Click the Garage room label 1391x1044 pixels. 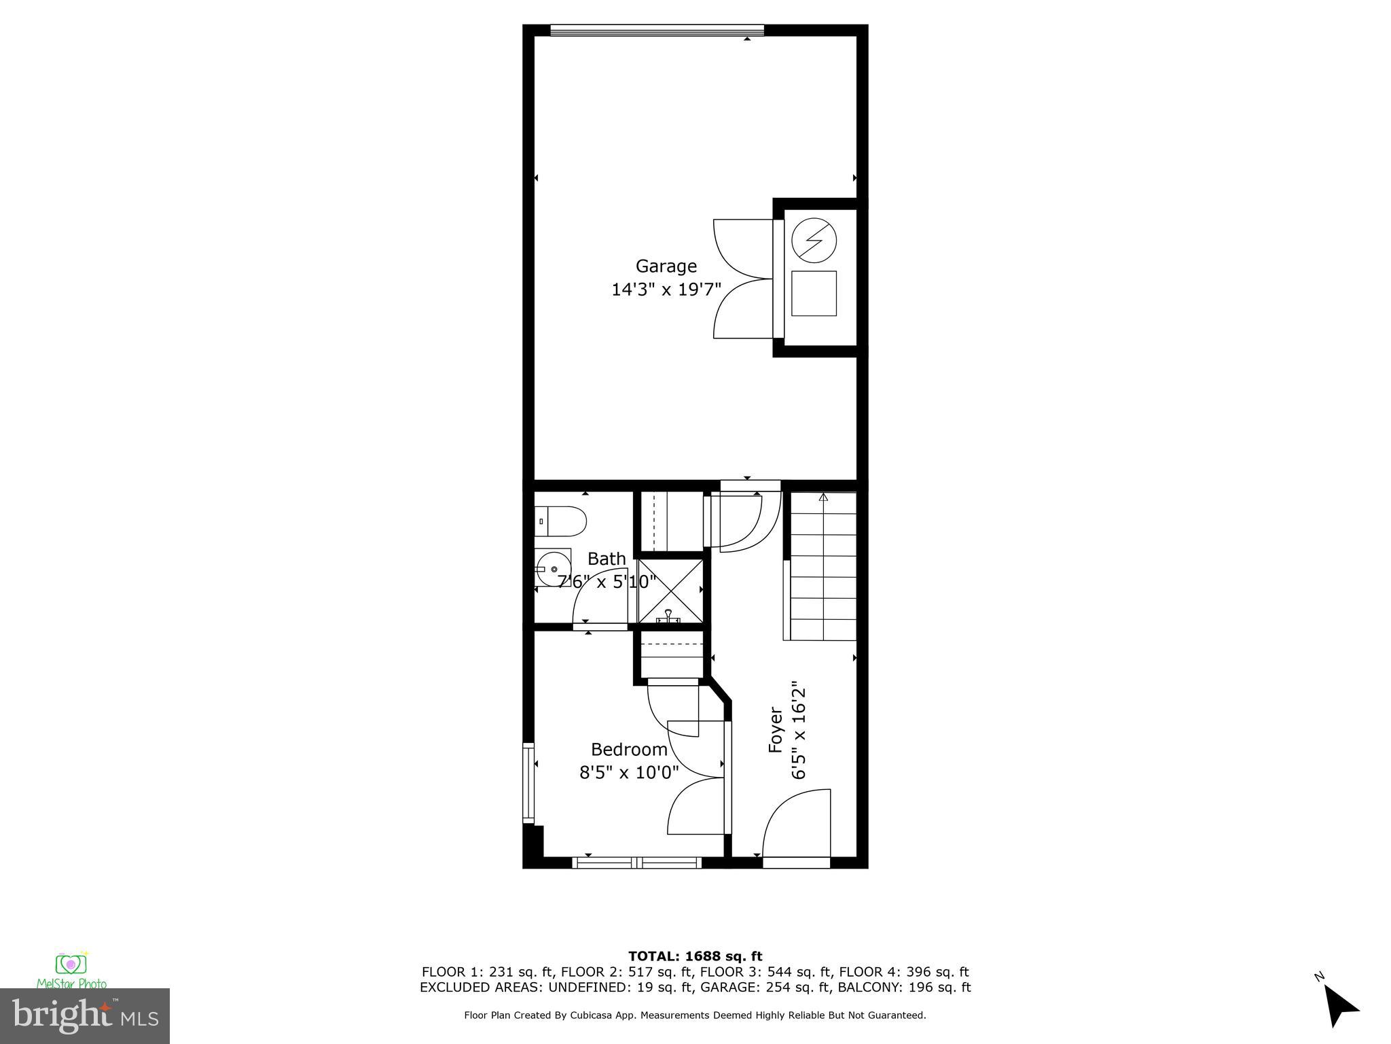[x=666, y=266]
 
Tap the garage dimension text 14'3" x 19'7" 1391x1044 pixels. [x=666, y=290]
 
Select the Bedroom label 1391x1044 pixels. [x=629, y=749]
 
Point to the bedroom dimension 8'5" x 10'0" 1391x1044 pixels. [x=629, y=773]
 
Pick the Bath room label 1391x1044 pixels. [x=607, y=559]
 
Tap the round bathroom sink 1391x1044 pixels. [x=553, y=569]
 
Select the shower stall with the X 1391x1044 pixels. [x=670, y=590]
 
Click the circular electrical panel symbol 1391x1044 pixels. [x=814, y=240]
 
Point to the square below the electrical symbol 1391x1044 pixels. [x=814, y=293]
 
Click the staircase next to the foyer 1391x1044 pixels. [x=823, y=568]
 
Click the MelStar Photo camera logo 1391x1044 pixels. [x=71, y=966]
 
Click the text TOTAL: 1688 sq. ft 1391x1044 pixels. [x=695, y=956]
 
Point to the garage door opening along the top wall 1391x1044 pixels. [x=657, y=31]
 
